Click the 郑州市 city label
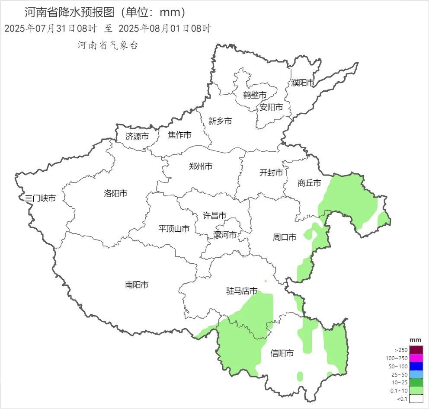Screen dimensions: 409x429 pos(201,166)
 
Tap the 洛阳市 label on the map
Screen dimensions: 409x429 pos(115,193)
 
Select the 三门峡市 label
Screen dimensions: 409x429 pos(40,198)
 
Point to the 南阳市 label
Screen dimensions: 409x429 pos(137,284)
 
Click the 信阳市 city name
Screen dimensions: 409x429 pos(282,353)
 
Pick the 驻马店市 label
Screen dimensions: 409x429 pos(242,291)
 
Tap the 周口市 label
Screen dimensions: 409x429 pos(285,237)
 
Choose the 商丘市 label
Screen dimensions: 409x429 pos(309,183)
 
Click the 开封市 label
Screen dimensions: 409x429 pos(271,173)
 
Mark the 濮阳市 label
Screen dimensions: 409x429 pos(303,82)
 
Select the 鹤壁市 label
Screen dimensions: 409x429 pos(254,95)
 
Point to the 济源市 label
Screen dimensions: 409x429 pos(137,136)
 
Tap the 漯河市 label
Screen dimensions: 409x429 pos(225,235)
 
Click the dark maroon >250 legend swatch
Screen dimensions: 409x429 pos(416,350)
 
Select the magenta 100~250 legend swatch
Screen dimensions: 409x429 pos(416,358)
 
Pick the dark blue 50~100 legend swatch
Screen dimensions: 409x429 pos(416,366)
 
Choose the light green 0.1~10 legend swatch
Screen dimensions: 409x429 pos(416,390)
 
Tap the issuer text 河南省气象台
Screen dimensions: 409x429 pos(108,45)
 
